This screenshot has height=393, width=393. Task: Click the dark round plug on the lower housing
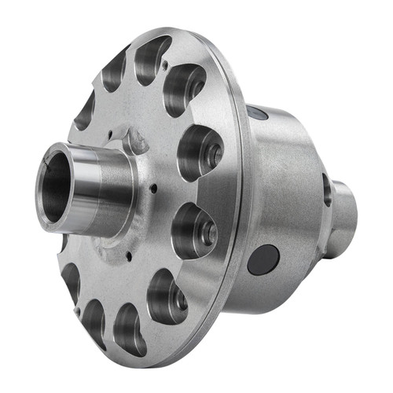[x=263, y=259]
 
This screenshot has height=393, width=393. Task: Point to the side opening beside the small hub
[x=326, y=189]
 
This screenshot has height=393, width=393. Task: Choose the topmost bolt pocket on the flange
[x=152, y=58]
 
